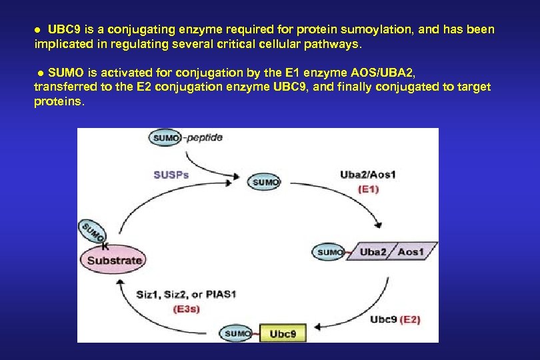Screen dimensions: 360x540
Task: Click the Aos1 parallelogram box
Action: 411,251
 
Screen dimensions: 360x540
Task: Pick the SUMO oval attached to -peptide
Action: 166,138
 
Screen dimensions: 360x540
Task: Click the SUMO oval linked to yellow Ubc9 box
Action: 237,333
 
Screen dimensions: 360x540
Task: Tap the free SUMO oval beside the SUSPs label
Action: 266,181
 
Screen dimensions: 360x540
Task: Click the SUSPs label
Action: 171,175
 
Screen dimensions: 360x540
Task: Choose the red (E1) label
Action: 368,189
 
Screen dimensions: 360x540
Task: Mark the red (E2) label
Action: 410,319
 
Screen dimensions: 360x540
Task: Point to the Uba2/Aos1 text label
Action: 368,175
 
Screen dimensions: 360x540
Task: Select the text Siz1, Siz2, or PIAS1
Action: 186,294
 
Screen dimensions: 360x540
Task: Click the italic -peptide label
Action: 203,137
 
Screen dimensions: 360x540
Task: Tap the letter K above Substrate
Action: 105,245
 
